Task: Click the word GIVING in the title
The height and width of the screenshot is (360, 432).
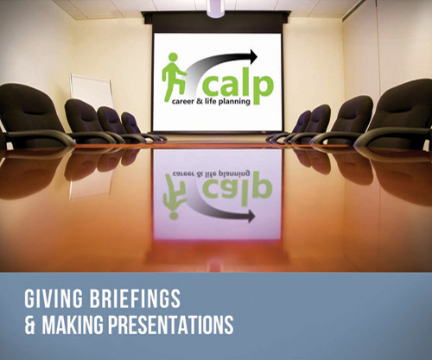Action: pos(54,299)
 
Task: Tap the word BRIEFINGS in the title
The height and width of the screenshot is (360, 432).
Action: pos(135,299)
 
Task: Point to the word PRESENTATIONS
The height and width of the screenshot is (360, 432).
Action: pos(171,325)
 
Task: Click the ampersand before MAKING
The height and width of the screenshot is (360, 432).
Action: pos(29,325)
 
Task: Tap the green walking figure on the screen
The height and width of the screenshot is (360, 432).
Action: pos(174,77)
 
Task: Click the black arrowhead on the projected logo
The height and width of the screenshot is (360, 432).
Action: pos(252,57)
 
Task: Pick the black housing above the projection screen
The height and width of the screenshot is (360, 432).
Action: pos(217,22)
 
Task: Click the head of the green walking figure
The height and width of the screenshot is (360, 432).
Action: pos(173,57)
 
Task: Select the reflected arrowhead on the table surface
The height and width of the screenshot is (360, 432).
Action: pos(251,216)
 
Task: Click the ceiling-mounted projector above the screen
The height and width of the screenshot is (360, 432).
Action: pos(215,8)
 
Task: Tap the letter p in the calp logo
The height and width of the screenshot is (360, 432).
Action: pos(264,89)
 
